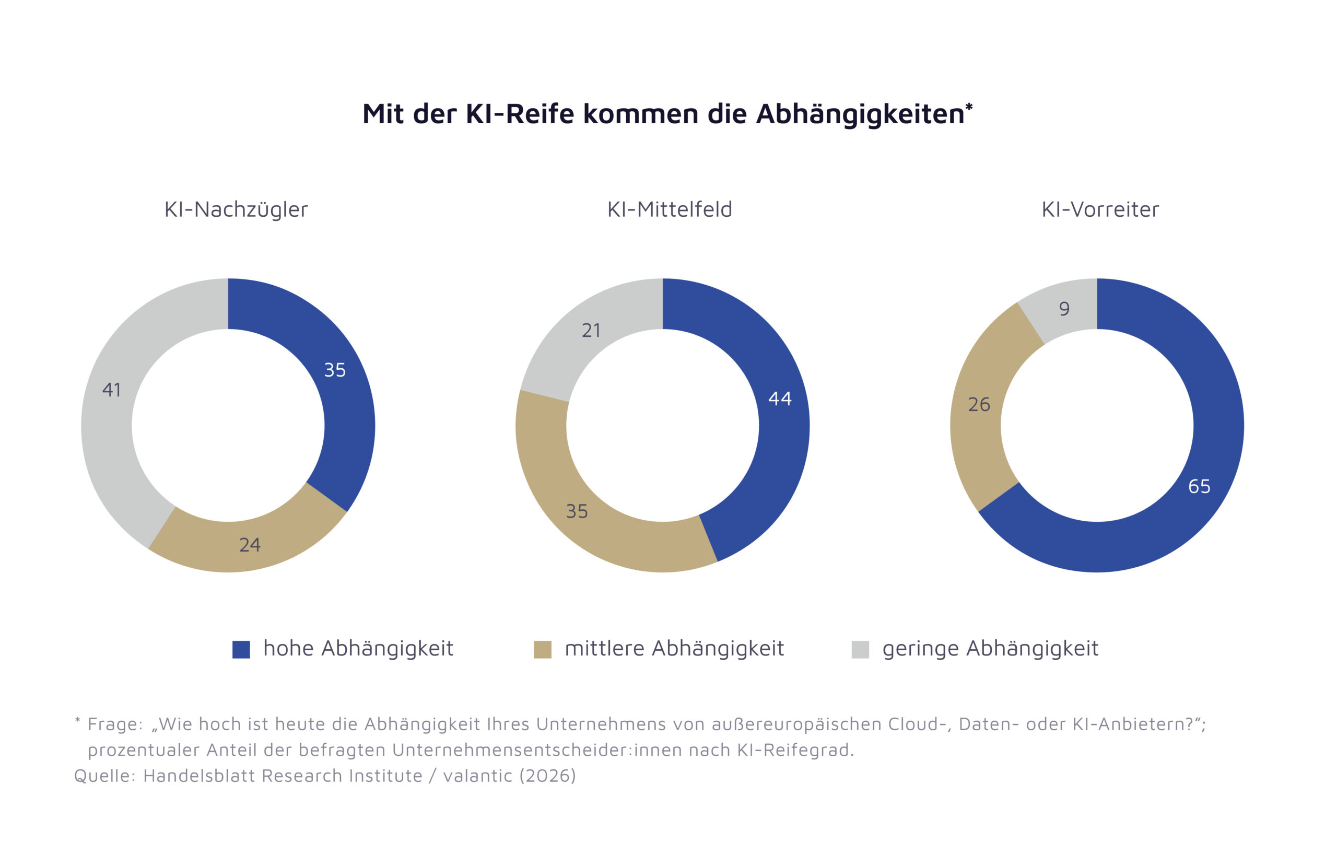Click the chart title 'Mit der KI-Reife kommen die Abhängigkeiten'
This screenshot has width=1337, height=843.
point(666,114)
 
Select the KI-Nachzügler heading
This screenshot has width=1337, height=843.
point(236,209)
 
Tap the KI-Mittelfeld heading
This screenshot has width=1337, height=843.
point(670,209)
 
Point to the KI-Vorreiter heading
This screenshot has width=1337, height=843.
point(1100,209)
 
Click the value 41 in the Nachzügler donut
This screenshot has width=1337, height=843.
point(112,390)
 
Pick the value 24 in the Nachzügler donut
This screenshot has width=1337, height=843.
point(250,545)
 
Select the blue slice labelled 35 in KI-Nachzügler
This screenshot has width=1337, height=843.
point(335,370)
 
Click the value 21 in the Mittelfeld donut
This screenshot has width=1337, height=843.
point(591,331)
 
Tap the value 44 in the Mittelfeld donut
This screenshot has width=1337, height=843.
point(780,398)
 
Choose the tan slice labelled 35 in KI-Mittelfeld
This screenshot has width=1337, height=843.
point(577,511)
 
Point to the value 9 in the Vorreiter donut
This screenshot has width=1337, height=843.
point(1064,308)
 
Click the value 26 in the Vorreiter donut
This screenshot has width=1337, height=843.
point(979,404)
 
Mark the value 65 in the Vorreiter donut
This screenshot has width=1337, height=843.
point(1199,486)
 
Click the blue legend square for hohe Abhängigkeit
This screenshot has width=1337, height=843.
point(241,649)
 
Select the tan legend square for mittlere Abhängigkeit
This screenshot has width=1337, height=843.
point(543,649)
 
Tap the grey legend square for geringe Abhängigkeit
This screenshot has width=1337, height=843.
point(860,649)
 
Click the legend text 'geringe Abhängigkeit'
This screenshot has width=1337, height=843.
point(990,649)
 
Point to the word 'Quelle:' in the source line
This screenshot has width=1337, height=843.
point(105,776)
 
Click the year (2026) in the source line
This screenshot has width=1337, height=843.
point(547,776)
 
